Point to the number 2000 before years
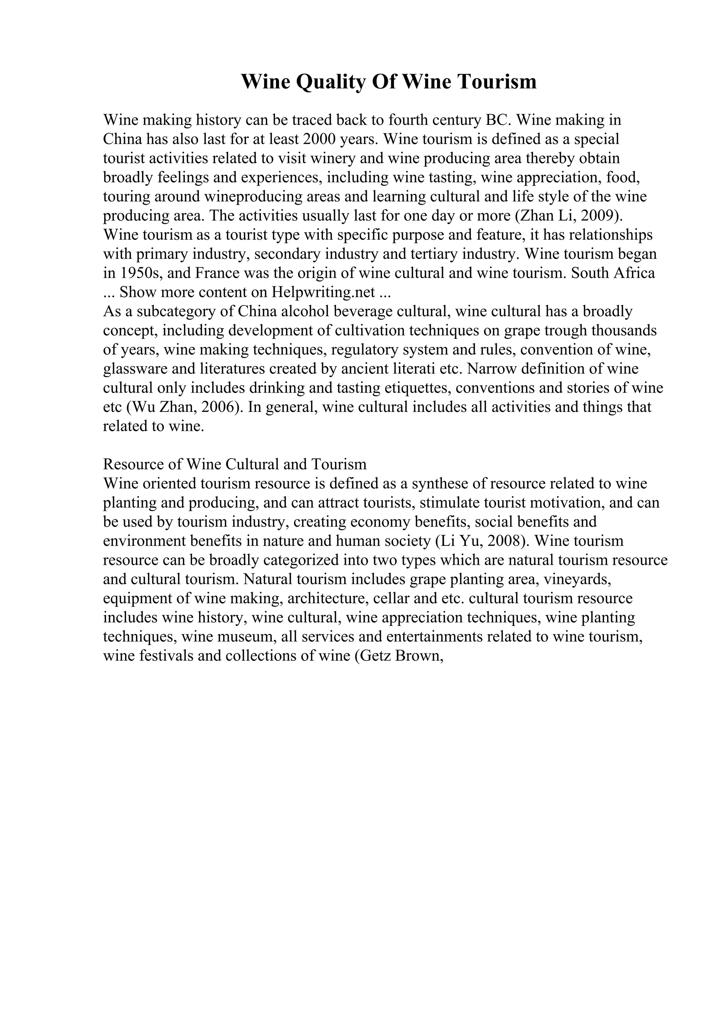319,139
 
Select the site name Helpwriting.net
323,292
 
